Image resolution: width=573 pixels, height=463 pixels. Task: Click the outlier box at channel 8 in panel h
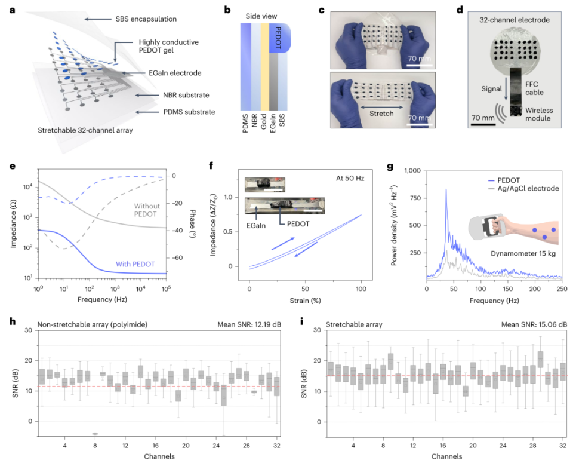[95, 434]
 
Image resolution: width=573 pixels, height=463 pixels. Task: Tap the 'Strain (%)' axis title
[306, 298]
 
